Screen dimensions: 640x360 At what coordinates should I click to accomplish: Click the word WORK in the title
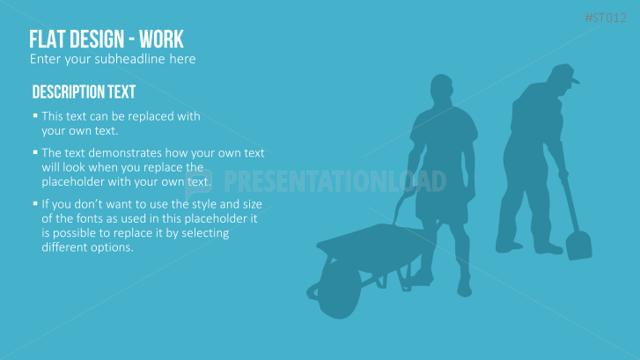pos(161,40)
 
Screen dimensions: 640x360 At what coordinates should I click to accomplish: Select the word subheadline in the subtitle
pos(129,59)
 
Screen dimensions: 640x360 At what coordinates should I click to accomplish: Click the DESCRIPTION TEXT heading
pos(84,92)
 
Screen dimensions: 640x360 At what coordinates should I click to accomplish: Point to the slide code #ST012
pos(606,18)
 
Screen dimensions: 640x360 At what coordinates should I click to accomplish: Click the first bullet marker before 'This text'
pos(35,116)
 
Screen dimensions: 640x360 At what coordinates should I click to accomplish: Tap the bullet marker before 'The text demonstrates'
pos(35,152)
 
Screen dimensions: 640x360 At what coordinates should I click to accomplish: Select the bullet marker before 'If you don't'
pos(35,203)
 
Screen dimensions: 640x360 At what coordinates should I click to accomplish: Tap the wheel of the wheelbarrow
pos(339,290)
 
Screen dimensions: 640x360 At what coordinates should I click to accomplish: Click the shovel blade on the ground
pos(578,245)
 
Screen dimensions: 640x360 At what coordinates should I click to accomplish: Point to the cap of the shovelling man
pos(564,73)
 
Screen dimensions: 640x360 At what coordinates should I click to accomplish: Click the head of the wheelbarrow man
pos(442,89)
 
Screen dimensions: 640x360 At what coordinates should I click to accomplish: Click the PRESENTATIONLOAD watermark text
pos(335,181)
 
